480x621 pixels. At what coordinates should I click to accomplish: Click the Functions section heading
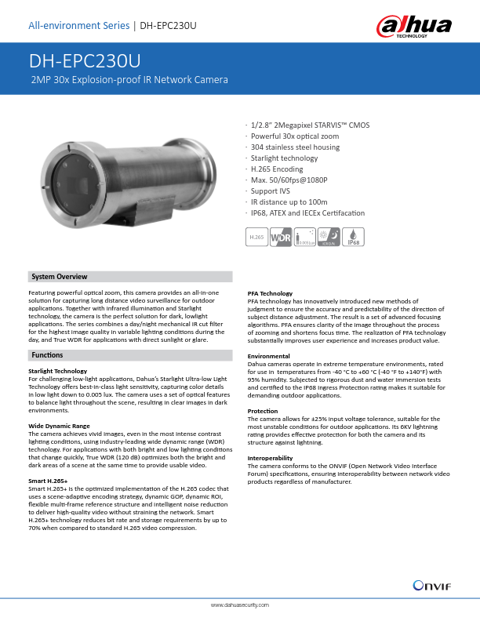[x=48, y=356]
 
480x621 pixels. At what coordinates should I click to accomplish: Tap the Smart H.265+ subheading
[x=48, y=480]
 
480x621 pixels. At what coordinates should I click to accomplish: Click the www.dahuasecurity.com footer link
[x=240, y=606]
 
